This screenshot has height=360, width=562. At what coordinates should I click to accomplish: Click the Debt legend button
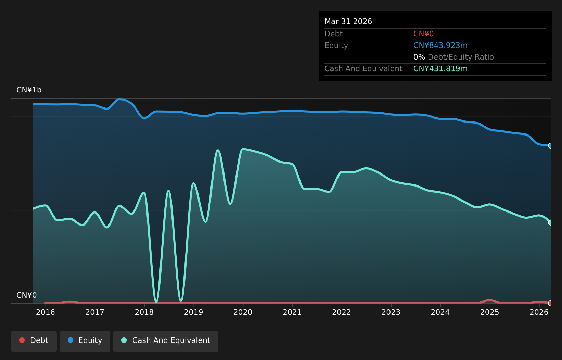pos(34,341)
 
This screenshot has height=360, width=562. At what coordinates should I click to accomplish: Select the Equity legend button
pos(85,341)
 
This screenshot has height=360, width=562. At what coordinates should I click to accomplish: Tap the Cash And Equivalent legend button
pos(166,341)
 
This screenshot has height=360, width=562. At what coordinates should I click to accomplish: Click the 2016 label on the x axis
pos(46,312)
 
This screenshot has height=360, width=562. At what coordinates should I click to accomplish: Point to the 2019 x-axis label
pos(193,312)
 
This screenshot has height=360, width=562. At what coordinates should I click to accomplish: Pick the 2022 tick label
pos(342,312)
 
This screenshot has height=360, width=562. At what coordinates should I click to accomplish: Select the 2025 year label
pos(489,312)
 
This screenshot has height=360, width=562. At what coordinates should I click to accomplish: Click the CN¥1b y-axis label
pos(29,90)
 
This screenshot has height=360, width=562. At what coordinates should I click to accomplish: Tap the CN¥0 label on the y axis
pos(27,295)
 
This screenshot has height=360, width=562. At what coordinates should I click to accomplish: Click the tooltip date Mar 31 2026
pos(348,22)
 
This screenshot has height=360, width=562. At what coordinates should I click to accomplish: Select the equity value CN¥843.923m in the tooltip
pos(440,46)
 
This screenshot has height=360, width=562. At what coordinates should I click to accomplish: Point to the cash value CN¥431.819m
pos(440,69)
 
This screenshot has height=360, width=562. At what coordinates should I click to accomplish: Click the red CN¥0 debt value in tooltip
pos(423,34)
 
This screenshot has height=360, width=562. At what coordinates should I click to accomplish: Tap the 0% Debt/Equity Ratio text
pos(454,57)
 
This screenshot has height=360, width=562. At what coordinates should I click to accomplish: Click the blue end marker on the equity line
pos(550,146)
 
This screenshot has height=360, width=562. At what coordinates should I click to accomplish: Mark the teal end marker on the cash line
pos(550,222)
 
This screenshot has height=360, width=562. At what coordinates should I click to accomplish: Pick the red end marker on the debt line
pos(550,303)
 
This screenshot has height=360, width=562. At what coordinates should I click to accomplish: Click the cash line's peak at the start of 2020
pos(243,149)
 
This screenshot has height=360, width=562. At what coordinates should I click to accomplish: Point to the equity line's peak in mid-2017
pos(120,99)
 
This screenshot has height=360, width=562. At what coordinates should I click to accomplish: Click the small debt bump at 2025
pos(489,300)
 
